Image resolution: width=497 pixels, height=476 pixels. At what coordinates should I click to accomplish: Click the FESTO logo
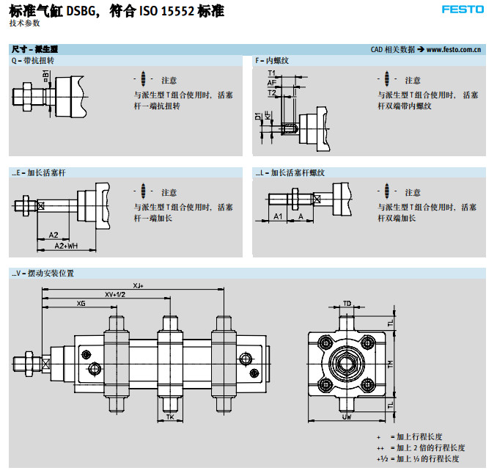463,10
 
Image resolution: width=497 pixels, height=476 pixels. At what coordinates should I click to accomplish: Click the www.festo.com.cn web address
453,50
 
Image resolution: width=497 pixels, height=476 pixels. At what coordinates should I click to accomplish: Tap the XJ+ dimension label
139,285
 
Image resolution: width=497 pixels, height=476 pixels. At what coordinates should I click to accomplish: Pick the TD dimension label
347,302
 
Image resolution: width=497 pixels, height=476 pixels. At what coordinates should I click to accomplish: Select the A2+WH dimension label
67,245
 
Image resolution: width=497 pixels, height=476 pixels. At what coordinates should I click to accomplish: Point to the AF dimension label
271,84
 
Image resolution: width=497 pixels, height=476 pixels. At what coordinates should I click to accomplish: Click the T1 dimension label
271,74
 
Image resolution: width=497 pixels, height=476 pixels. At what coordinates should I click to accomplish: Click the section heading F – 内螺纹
273,60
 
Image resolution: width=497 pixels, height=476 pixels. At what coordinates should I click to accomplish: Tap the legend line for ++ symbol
419,447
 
